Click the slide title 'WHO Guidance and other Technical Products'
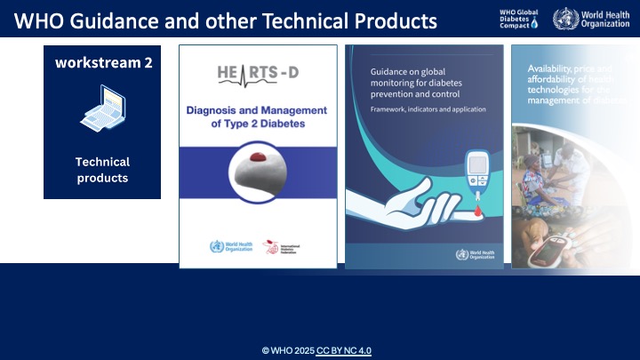[x=227, y=20]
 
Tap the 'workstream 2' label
[x=102, y=62]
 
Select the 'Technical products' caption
[x=102, y=170]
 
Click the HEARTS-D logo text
[x=258, y=74]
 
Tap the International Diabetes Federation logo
[x=284, y=248]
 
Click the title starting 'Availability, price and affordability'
[x=573, y=84]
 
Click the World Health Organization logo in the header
[x=590, y=20]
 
